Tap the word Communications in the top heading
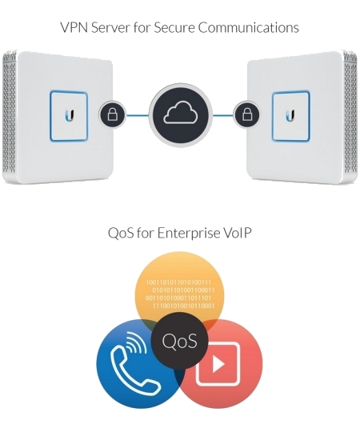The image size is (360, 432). pyautogui.click(x=249, y=27)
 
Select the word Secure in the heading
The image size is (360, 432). pyautogui.click(x=174, y=27)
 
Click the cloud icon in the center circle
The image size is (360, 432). pyautogui.click(x=181, y=113)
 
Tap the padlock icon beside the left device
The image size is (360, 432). pyautogui.click(x=112, y=114)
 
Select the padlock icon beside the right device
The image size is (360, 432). pyautogui.click(x=246, y=114)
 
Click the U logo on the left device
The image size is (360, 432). pyautogui.click(x=69, y=115)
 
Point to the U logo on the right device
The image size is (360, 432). pyautogui.click(x=290, y=115)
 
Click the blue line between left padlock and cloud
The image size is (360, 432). pyautogui.click(x=138, y=115)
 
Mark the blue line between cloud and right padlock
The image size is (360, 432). pyautogui.click(x=223, y=115)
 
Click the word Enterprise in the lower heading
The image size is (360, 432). pyautogui.click(x=188, y=233)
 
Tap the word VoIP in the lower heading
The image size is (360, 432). pyautogui.click(x=237, y=233)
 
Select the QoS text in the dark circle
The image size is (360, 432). pyautogui.click(x=179, y=341)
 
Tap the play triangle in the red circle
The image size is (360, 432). pyautogui.click(x=218, y=364)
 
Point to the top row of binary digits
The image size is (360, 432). pyautogui.click(x=178, y=282)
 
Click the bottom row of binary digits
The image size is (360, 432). pyautogui.click(x=183, y=306)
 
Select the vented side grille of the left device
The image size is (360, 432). pyautogui.click(x=10, y=116)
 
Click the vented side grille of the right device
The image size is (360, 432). pyautogui.click(x=350, y=116)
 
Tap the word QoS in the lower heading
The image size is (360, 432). pyautogui.click(x=121, y=234)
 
